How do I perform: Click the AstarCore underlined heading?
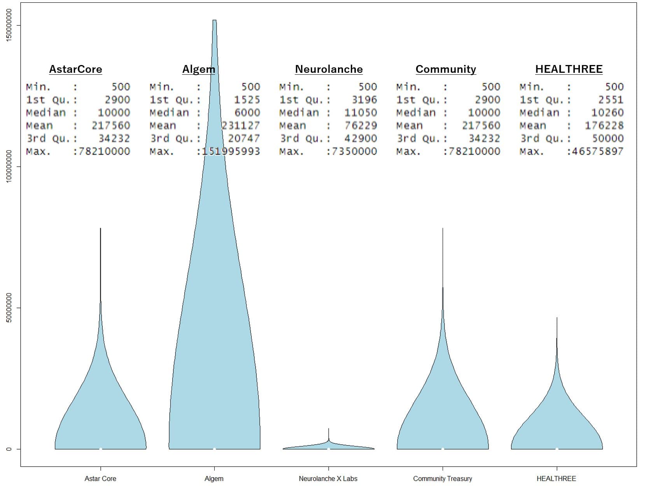[75, 69]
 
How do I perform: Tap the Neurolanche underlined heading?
[329, 69]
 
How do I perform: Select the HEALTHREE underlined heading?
[569, 69]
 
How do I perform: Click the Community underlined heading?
[446, 69]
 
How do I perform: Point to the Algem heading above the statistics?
[198, 69]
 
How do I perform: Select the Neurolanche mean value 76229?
[361, 125]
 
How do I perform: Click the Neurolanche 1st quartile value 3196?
[364, 100]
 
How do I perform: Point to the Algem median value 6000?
[247, 113]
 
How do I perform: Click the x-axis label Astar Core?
[100, 478]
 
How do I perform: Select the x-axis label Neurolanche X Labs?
[328, 478]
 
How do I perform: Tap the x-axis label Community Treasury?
[442, 478]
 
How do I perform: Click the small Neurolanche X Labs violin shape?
[329, 446]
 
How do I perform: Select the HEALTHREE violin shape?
[557, 424]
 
